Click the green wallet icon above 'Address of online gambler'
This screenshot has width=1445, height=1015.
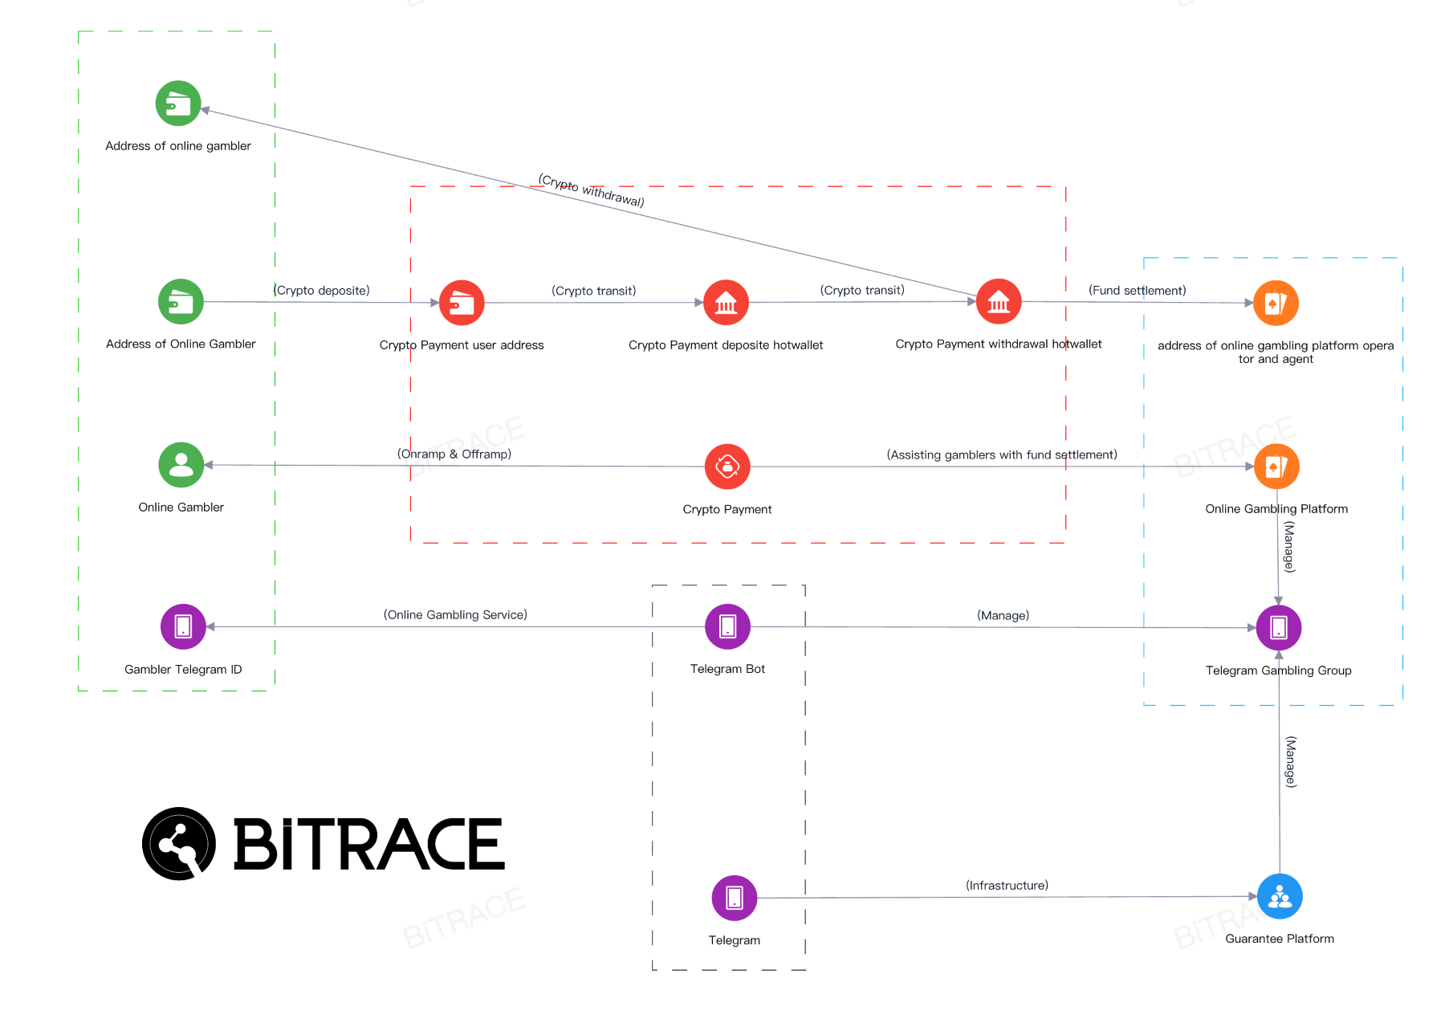click(x=178, y=104)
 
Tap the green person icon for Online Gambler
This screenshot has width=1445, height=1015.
click(x=181, y=465)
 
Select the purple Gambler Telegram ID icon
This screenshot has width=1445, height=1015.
click(x=183, y=626)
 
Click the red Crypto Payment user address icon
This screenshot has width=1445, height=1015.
click(x=462, y=303)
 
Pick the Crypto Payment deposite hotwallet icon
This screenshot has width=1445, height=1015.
click(x=726, y=303)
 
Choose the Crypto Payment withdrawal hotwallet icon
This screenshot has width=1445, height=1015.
click(x=999, y=302)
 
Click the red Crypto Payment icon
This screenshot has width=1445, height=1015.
click(x=727, y=467)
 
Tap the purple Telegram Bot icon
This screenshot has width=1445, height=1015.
click(x=728, y=626)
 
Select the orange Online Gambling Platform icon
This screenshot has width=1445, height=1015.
click(x=1276, y=467)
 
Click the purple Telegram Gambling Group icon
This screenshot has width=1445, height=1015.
click(x=1279, y=627)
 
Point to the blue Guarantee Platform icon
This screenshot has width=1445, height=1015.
click(x=1280, y=896)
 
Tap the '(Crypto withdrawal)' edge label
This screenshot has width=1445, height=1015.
click(x=591, y=190)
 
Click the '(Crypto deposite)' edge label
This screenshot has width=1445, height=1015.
click(x=322, y=291)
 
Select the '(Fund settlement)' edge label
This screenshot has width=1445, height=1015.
click(x=1137, y=291)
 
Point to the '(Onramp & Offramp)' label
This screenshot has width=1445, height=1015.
click(x=454, y=455)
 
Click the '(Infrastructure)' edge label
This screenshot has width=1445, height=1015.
click(x=1007, y=886)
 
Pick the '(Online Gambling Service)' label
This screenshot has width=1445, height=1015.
click(x=455, y=615)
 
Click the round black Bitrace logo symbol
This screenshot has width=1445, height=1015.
click(x=179, y=844)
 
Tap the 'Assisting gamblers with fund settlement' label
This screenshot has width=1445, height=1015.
click(x=1002, y=455)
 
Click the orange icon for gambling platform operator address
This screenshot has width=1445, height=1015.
click(x=1276, y=303)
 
